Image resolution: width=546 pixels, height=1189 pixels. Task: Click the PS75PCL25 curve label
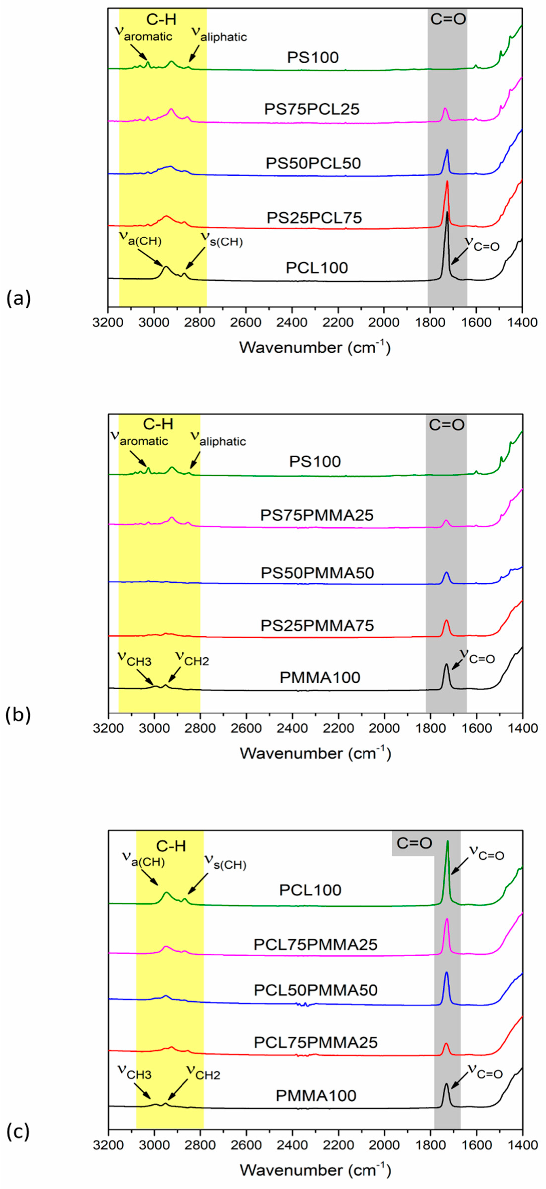[x=312, y=109]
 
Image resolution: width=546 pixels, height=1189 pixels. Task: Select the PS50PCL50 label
[x=313, y=163]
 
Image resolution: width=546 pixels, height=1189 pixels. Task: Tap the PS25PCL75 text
[x=314, y=218]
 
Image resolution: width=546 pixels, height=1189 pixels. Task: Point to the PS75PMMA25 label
[x=317, y=515]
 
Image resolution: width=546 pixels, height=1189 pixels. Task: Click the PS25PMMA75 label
[x=317, y=625]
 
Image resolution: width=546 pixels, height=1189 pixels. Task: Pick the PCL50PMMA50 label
[x=316, y=990]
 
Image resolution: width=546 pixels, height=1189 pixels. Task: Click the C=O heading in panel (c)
[x=414, y=843]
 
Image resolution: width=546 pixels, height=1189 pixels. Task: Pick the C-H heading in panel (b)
[x=158, y=424]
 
